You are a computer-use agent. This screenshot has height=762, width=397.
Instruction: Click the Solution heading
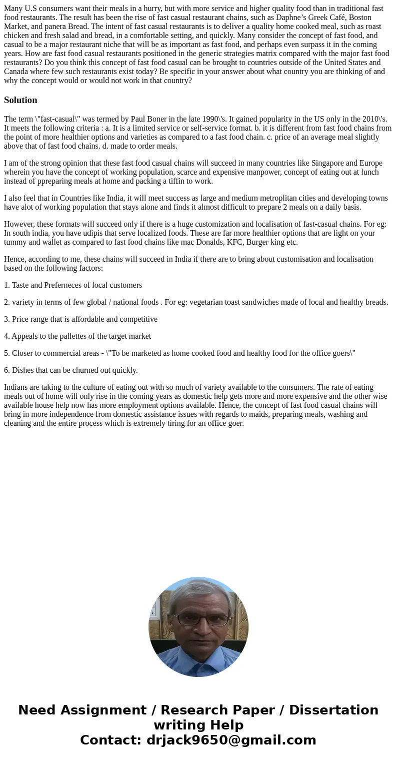pyautogui.click(x=20, y=100)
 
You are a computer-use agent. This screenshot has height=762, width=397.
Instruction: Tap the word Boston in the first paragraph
pyautogui.click(x=360, y=18)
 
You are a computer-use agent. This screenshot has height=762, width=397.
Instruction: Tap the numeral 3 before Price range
pyautogui.click(x=6, y=319)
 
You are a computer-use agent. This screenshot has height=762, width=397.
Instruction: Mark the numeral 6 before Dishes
pyautogui.click(x=6, y=370)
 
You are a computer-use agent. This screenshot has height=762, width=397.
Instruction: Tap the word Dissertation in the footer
pyautogui.click(x=333, y=710)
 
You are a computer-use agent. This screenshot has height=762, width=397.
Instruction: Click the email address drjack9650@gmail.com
pyautogui.click(x=231, y=740)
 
